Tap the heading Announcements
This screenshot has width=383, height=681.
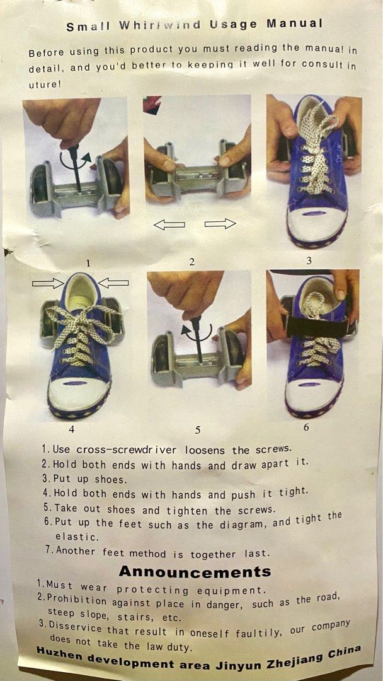195,572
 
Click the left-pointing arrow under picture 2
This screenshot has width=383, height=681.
169,224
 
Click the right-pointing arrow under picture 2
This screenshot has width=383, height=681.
220,224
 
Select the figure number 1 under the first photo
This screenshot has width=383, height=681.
89,263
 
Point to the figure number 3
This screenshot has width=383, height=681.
309,260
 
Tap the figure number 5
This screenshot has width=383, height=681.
198,430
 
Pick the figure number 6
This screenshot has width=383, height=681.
306,427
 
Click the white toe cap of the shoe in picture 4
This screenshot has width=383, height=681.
79,395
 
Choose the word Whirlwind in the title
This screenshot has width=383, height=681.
168,26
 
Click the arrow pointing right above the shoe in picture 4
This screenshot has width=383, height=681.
48,284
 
